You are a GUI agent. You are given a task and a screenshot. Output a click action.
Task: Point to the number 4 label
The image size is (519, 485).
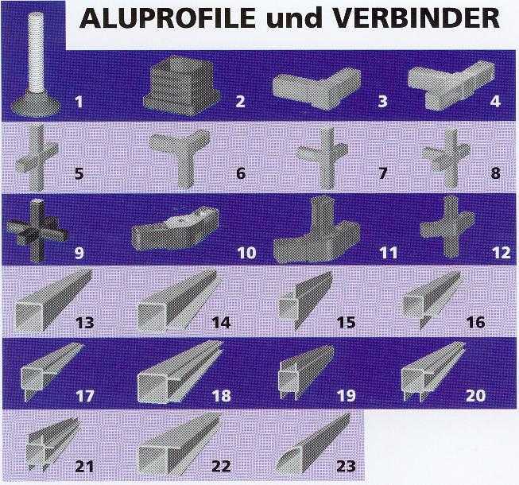497,102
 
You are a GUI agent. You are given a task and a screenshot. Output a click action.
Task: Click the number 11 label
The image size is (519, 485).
389,254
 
